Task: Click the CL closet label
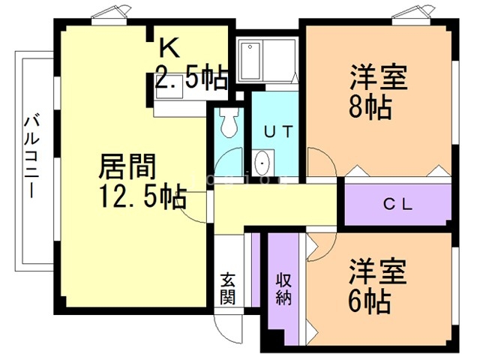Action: point(398,203)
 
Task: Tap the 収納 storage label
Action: point(283,288)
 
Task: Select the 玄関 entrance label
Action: point(229,288)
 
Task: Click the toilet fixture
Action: point(228,121)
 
